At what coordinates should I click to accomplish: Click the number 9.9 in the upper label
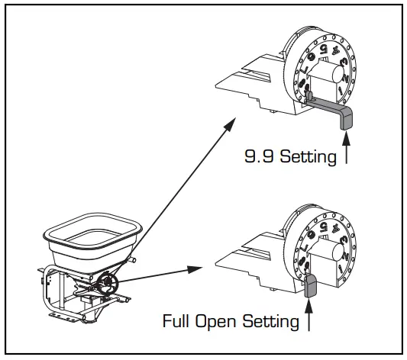259,158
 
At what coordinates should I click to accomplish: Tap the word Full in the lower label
177,321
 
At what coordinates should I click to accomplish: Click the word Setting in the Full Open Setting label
270,321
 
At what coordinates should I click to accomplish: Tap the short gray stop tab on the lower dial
311,284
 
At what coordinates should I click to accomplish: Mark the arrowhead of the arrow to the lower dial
201,268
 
